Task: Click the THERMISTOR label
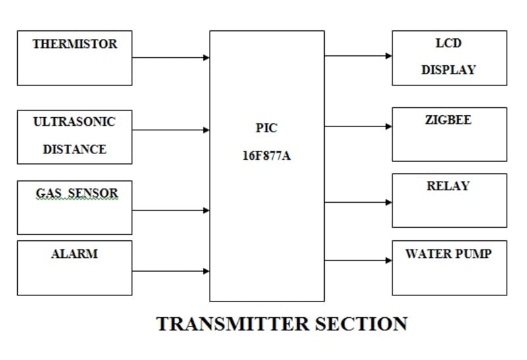tap(74, 44)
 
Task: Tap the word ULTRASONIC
tap(74, 122)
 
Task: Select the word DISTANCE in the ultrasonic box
tap(74, 149)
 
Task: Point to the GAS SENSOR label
tap(76, 193)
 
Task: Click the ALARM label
tap(74, 253)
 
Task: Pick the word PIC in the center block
tap(266, 128)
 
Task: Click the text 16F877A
tap(266, 158)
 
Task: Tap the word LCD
tap(449, 43)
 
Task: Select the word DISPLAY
tap(449, 70)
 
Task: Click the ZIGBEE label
tap(449, 120)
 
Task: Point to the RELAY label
tap(449, 186)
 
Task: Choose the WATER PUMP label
tap(449, 253)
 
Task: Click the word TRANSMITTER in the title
tap(232, 324)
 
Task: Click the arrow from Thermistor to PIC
tap(171, 57)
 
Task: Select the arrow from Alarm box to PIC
tap(171, 270)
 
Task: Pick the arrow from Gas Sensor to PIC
tap(171, 211)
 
